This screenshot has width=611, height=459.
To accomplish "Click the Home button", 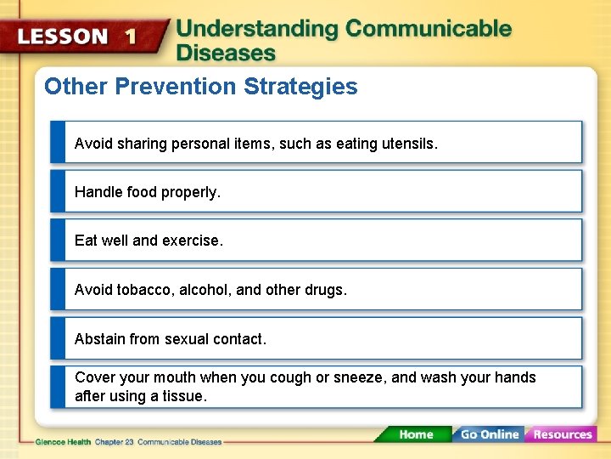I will pyautogui.click(x=416, y=434).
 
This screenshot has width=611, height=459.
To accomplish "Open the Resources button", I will pyautogui.click(x=562, y=434).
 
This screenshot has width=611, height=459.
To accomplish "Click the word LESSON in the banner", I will pyautogui.click(x=63, y=37).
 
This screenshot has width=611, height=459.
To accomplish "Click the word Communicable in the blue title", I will pyautogui.click(x=429, y=29).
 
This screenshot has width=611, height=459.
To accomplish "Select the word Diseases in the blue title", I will pyautogui.click(x=226, y=53).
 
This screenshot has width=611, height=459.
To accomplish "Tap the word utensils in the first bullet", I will pyautogui.click(x=409, y=144).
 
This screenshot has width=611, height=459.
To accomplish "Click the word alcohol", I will pyautogui.click(x=206, y=290).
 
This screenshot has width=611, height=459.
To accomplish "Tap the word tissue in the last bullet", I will pyautogui.click(x=183, y=396).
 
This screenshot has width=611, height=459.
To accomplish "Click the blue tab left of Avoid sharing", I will pyautogui.click(x=58, y=142).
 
